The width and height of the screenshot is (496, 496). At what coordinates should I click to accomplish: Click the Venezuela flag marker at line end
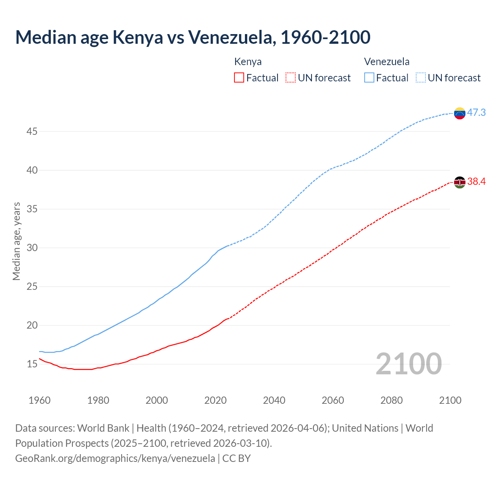[x=460, y=113]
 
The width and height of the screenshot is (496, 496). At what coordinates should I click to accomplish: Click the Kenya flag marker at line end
[x=460, y=182]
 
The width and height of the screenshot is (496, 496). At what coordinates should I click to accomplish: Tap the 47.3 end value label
[x=476, y=113]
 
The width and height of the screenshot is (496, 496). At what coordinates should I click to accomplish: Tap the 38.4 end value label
[x=476, y=182]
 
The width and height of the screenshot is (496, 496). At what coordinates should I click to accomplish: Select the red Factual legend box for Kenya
[x=239, y=78]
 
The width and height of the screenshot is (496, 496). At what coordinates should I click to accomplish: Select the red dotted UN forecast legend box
[x=291, y=78]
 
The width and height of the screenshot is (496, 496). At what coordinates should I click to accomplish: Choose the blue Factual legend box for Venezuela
[x=369, y=78]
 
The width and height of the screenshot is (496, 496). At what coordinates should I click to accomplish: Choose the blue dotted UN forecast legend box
[x=421, y=78]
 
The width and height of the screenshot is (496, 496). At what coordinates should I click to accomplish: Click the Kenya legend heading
[x=248, y=62]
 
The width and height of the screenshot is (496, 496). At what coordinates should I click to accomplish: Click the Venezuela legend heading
[x=387, y=62]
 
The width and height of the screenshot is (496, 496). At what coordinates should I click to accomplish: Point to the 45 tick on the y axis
[x=32, y=131]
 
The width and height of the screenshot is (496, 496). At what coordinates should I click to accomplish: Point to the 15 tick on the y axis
[x=32, y=364]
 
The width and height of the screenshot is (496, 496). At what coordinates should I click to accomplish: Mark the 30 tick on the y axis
[x=32, y=248]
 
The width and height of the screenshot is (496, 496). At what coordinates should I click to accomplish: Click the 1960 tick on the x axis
[x=40, y=400]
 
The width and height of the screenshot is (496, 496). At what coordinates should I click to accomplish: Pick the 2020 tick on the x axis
[x=215, y=400]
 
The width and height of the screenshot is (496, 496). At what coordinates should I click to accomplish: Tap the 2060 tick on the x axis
[x=333, y=400]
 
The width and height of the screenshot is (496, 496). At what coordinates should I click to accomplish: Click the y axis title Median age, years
[x=16, y=241]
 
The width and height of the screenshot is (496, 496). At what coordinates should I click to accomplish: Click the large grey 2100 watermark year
[x=408, y=363]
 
